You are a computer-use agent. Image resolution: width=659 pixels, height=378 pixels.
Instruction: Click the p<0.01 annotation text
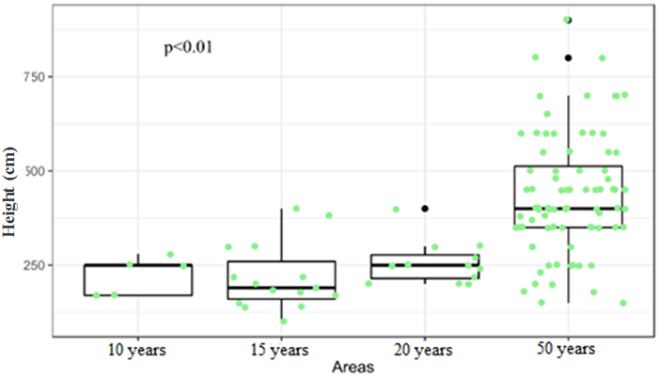(188, 46)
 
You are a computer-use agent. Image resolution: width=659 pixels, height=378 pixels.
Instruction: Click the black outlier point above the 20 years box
(425, 208)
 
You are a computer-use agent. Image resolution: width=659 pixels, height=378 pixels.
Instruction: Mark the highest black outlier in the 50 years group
(568, 20)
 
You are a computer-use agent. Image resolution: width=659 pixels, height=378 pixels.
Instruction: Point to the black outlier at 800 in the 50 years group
(568, 57)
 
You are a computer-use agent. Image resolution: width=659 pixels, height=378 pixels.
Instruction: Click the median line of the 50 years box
(568, 208)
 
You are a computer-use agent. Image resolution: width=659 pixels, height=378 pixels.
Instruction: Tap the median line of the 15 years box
(282, 288)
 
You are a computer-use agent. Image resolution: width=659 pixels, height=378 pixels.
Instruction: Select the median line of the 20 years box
(425, 265)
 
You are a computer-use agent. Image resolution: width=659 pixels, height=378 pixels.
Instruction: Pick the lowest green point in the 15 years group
(283, 321)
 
